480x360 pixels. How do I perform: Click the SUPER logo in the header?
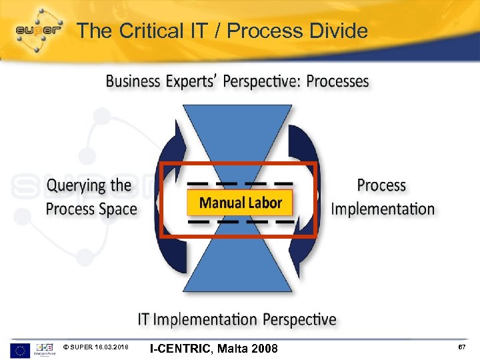tap(39, 29)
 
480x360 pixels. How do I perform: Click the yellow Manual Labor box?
tap(241, 202)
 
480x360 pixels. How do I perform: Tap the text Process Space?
tap(91, 209)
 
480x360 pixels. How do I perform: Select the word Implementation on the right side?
tap(383, 209)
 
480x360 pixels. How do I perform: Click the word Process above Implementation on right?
tap(381, 185)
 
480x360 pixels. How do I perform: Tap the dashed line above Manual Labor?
tap(240, 183)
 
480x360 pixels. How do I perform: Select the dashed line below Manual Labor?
tap(240, 221)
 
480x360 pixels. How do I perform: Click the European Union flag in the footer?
tap(20, 349)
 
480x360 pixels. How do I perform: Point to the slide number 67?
tap(461, 348)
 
